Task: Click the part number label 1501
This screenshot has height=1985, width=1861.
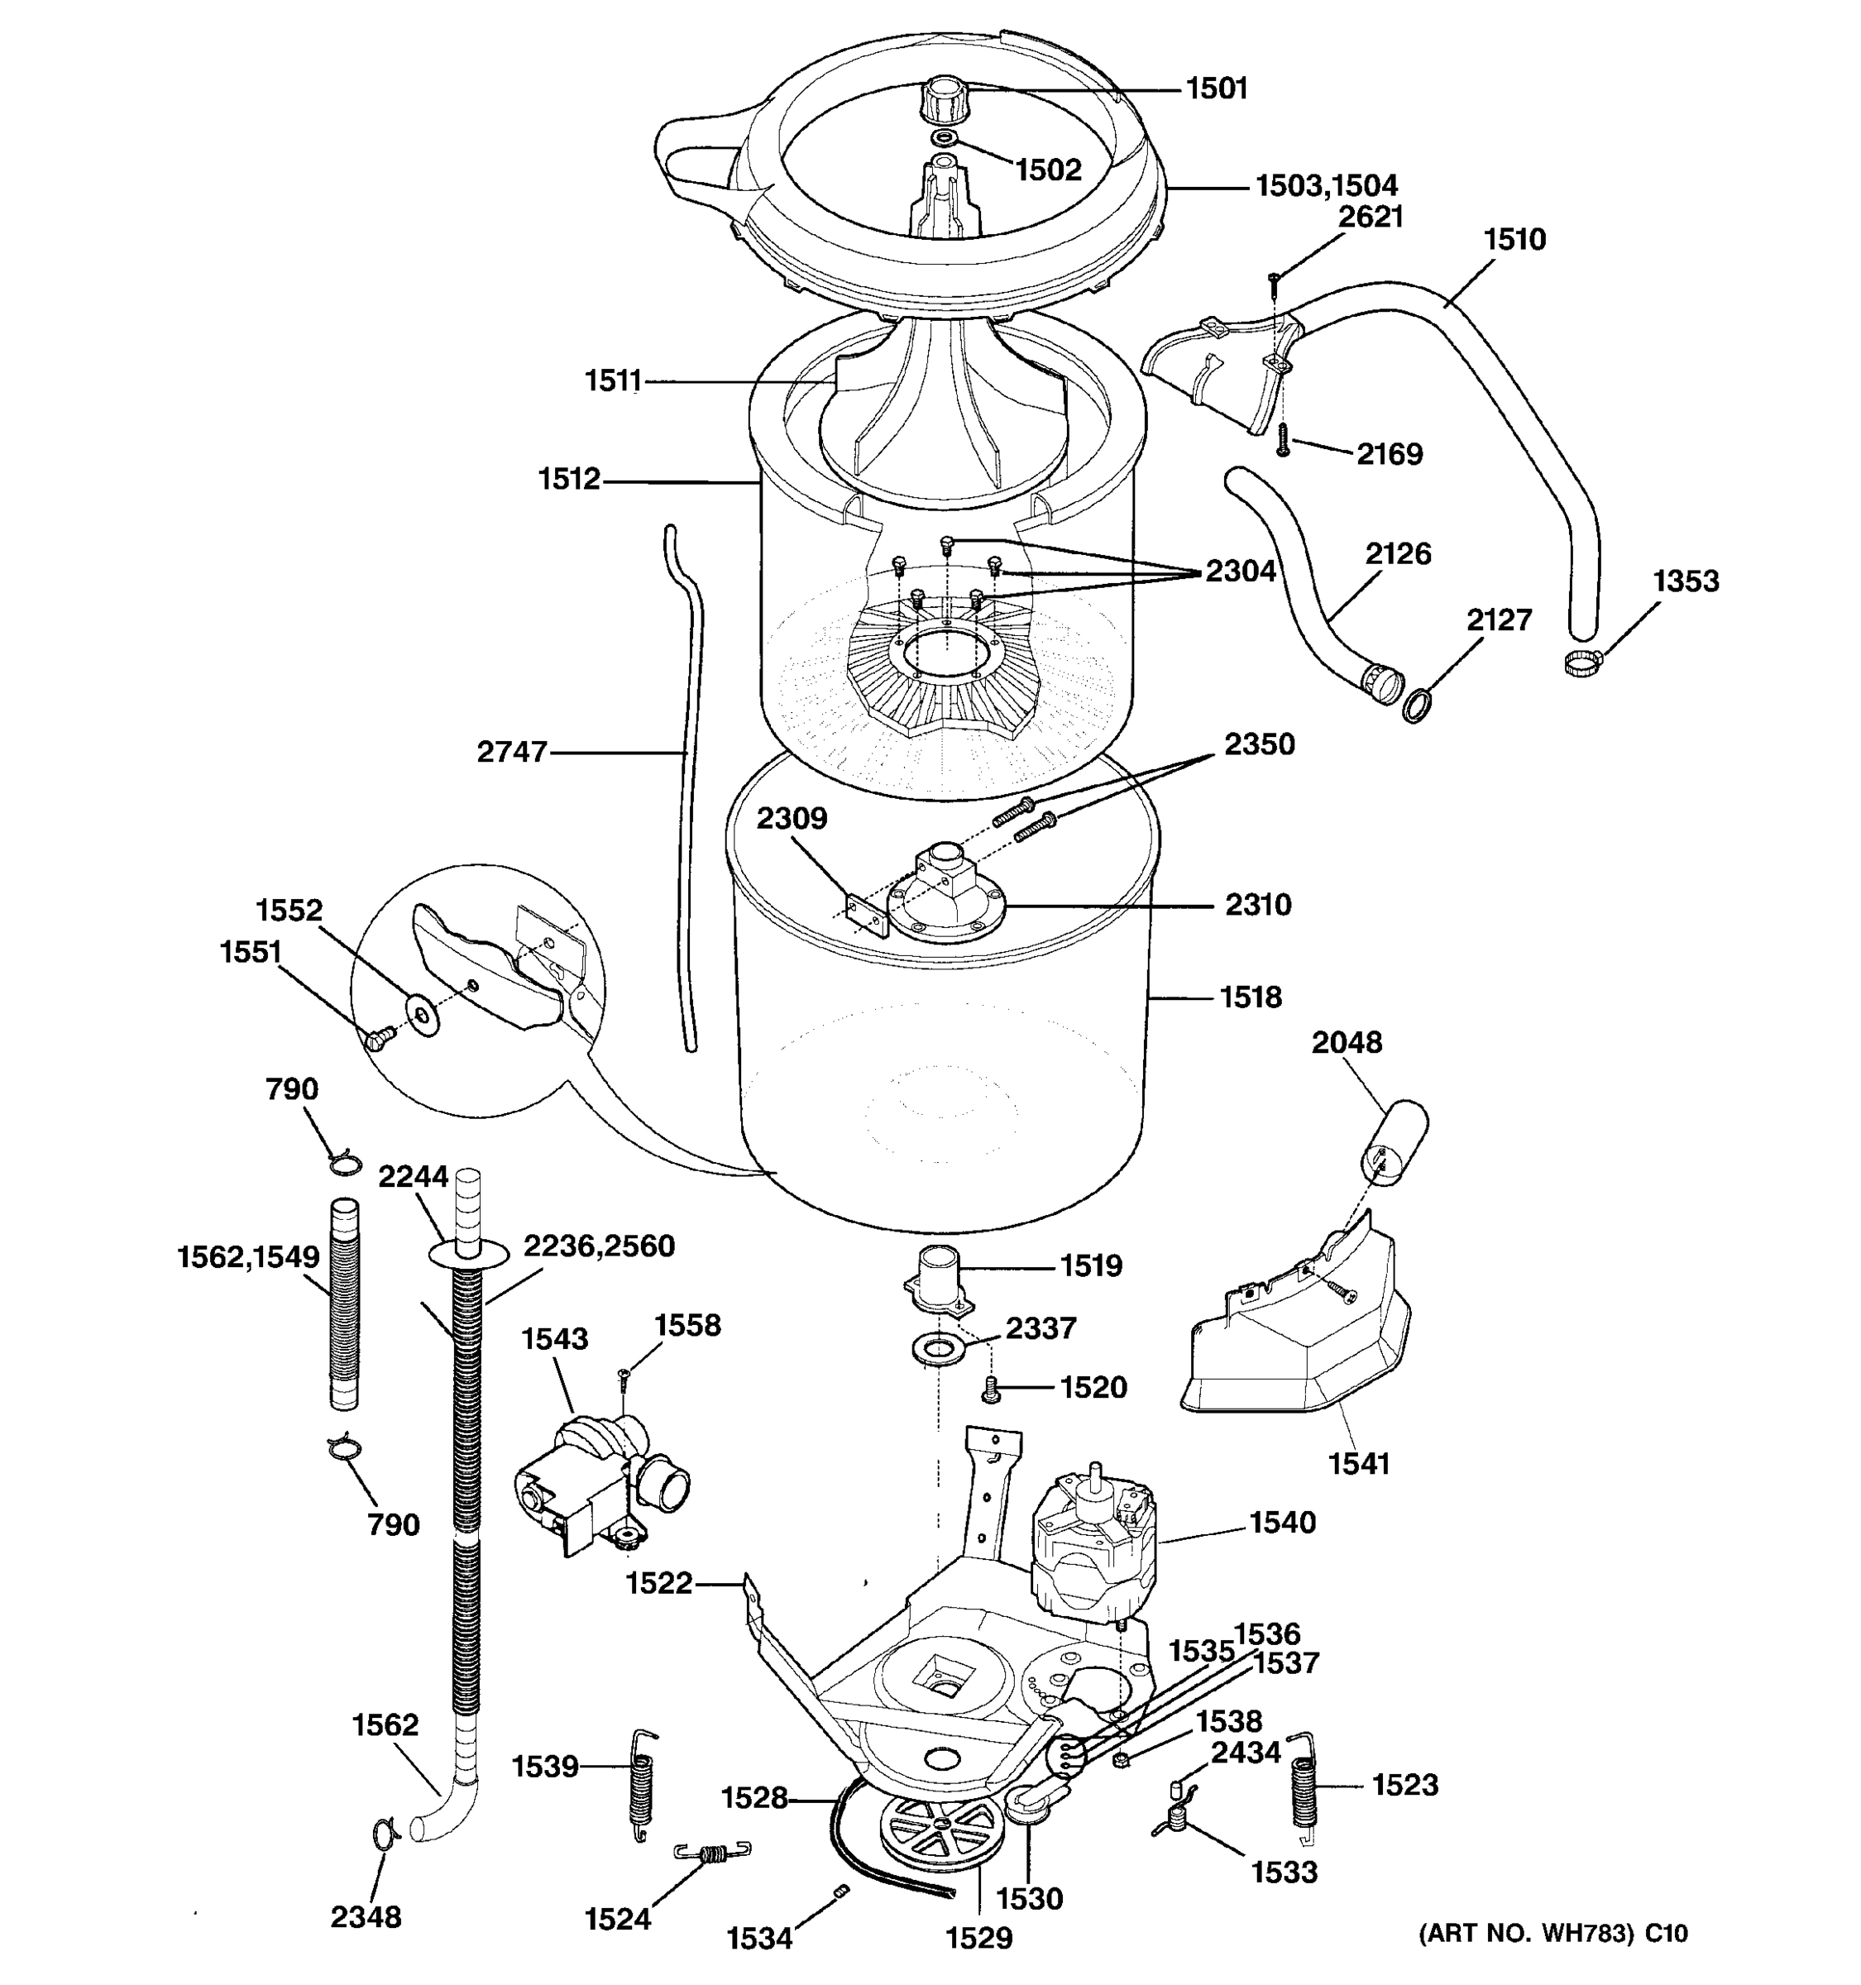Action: pyautogui.click(x=1217, y=88)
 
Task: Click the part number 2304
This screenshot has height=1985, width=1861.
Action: pyautogui.click(x=1240, y=572)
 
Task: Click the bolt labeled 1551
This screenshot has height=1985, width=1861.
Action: pyautogui.click(x=377, y=1040)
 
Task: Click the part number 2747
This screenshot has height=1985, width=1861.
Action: pyautogui.click(x=511, y=752)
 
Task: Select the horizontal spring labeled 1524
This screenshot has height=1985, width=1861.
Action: pyautogui.click(x=712, y=1854)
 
